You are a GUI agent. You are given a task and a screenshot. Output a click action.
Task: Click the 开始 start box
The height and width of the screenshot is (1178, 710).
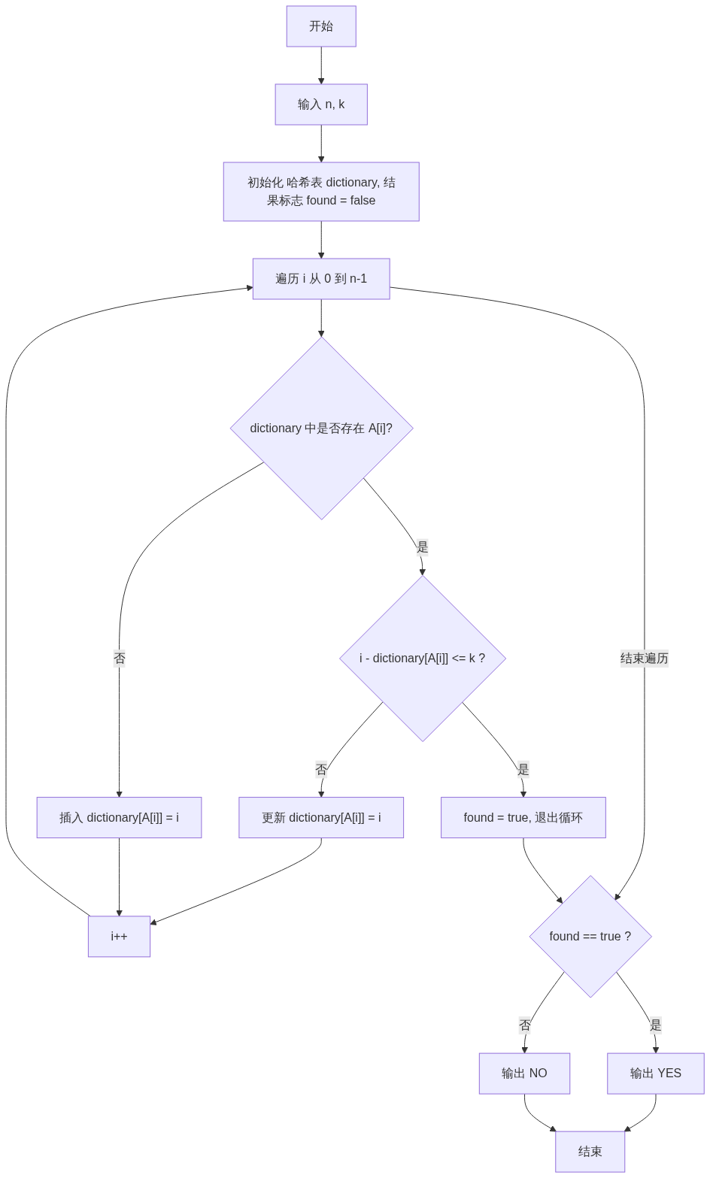321,26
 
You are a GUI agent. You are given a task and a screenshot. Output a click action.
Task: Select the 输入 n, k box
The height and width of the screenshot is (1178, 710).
321,104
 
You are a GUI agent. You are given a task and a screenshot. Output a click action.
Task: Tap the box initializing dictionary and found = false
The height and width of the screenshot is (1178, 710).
321,192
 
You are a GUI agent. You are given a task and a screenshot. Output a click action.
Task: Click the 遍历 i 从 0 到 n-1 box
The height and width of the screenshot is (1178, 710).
321,279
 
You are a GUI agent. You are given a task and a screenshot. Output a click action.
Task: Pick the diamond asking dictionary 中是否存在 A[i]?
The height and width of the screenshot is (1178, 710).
321,429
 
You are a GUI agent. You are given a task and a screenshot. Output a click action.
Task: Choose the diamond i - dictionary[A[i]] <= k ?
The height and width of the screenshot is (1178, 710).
423,659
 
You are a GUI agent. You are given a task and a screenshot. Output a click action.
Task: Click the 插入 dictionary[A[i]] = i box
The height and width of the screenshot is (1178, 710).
119,818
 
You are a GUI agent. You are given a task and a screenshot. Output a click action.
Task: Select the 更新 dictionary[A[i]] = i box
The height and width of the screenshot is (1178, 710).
321,818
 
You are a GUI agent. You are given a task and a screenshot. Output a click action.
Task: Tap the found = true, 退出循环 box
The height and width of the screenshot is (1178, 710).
523,818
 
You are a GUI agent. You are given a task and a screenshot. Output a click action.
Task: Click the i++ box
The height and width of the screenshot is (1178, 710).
119,937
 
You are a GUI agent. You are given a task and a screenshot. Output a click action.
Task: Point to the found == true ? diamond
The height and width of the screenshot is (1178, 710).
590,937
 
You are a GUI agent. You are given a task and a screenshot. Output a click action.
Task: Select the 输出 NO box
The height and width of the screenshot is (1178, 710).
524,1074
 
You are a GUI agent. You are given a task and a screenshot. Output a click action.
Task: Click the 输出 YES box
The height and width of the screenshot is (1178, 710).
656,1074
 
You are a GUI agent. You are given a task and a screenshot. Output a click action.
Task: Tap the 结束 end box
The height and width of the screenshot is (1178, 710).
590,1152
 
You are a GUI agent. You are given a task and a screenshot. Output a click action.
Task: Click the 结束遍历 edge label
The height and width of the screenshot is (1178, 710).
644,659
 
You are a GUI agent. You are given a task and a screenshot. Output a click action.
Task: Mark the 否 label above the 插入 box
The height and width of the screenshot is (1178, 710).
119,659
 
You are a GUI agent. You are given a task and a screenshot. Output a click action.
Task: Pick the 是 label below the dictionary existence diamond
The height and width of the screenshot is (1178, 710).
422,547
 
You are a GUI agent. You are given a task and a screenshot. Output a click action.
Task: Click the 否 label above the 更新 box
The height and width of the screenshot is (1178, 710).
321,769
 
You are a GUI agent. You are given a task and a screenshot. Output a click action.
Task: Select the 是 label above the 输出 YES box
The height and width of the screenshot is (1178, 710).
656,1025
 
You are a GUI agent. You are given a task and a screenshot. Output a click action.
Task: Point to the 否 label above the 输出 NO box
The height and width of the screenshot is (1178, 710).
524,1025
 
